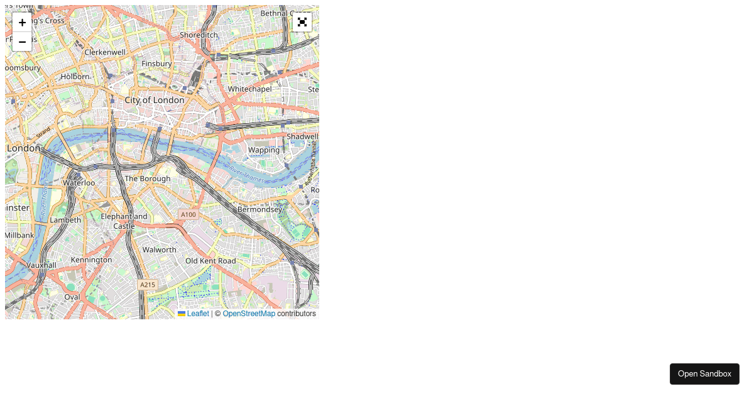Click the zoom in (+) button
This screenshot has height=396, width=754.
(x=22, y=23)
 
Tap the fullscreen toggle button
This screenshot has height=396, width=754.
(x=302, y=22)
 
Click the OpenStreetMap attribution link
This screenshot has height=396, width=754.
(x=249, y=314)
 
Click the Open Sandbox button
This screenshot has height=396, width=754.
(x=704, y=373)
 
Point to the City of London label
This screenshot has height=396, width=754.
(x=155, y=100)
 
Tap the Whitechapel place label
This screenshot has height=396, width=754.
(x=249, y=89)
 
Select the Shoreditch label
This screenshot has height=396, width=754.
(x=199, y=35)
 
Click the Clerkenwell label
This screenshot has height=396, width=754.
(x=105, y=52)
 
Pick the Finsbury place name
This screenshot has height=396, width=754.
(x=156, y=63)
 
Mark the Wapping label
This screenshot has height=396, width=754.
(x=264, y=150)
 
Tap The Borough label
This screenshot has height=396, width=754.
(x=148, y=179)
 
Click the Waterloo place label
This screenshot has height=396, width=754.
(x=79, y=183)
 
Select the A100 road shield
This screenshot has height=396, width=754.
(x=188, y=214)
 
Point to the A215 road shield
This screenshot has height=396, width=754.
(x=147, y=285)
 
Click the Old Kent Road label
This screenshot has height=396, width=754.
(x=210, y=261)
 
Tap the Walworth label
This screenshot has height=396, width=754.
(x=160, y=250)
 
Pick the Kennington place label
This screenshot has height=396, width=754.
(x=91, y=260)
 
